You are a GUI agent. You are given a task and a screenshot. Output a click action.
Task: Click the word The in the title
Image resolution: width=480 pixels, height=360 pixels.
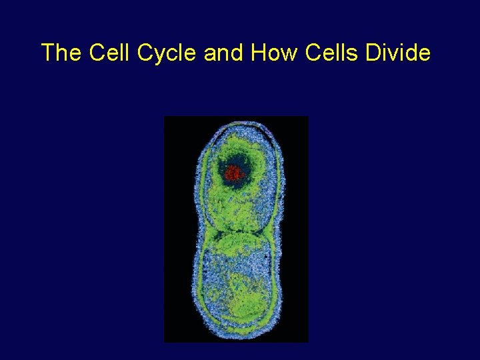coord(61,53)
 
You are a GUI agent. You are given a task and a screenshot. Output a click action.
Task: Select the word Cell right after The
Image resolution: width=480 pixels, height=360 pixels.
coord(107,53)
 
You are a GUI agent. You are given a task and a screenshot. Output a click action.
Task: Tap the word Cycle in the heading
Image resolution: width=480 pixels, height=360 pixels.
coord(167,53)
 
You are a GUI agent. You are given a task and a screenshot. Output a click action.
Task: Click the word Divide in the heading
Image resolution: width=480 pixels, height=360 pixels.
coord(399,53)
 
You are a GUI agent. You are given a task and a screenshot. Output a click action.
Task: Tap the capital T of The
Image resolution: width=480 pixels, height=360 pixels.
coord(47,53)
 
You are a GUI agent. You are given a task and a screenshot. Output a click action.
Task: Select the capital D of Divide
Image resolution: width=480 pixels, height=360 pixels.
coord(375,53)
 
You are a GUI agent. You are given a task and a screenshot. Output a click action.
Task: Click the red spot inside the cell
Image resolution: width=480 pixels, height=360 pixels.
coord(233,174)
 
